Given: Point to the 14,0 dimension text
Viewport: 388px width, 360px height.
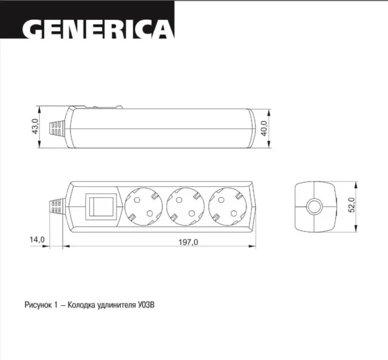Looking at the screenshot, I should pos(37,240).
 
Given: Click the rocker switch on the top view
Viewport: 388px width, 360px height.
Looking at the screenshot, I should pos(102,207).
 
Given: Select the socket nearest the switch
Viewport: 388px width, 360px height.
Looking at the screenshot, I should pos(144,207).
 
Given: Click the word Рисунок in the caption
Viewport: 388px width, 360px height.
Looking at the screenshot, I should pos(37,301).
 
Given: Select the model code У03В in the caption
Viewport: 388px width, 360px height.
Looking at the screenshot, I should pos(146,301).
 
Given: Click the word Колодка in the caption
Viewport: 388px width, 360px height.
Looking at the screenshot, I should pos(83,301).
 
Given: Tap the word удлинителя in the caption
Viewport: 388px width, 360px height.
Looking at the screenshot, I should pos(118,301).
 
